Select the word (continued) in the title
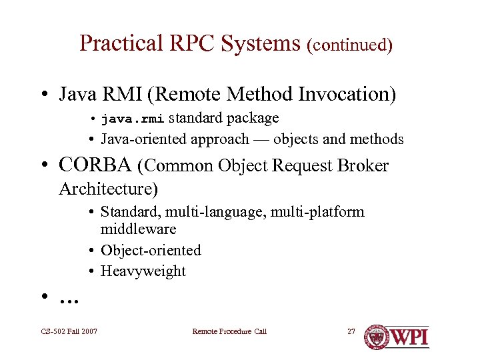[349, 45]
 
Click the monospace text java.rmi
[132, 119]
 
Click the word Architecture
[108, 189]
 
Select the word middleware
[138, 229]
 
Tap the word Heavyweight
[143, 271]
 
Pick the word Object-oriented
[151, 251]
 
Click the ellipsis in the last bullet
[69, 299]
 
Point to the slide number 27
[351, 331]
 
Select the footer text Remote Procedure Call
[229, 331]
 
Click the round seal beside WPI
[376, 337]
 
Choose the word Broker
[363, 165]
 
